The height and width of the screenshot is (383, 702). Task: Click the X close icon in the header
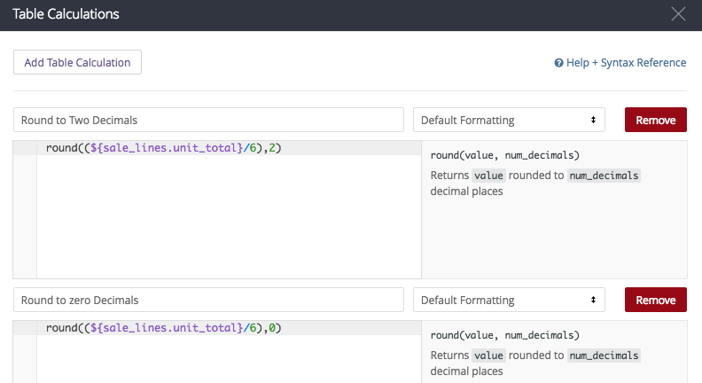678,14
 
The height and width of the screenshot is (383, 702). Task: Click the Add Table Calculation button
77,62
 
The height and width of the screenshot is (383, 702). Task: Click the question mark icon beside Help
558,63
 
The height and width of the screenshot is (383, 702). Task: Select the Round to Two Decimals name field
208,120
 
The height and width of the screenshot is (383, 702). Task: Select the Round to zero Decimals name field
208,301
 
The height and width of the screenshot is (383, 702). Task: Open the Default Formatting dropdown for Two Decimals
509,120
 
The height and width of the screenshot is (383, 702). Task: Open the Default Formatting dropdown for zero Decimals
509,301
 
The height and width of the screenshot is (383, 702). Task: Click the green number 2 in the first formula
272,148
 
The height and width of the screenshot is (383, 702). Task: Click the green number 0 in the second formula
272,328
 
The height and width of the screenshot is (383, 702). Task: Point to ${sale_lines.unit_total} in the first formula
167,148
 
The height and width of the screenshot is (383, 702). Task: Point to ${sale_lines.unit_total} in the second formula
167,328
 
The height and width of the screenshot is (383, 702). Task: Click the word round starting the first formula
62,148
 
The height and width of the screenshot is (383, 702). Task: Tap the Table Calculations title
66,14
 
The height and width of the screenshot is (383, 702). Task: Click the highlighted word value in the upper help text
489,176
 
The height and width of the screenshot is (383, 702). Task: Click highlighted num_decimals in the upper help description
604,176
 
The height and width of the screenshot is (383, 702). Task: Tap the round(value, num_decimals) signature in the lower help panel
505,335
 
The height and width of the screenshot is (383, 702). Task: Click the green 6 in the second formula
253,328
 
